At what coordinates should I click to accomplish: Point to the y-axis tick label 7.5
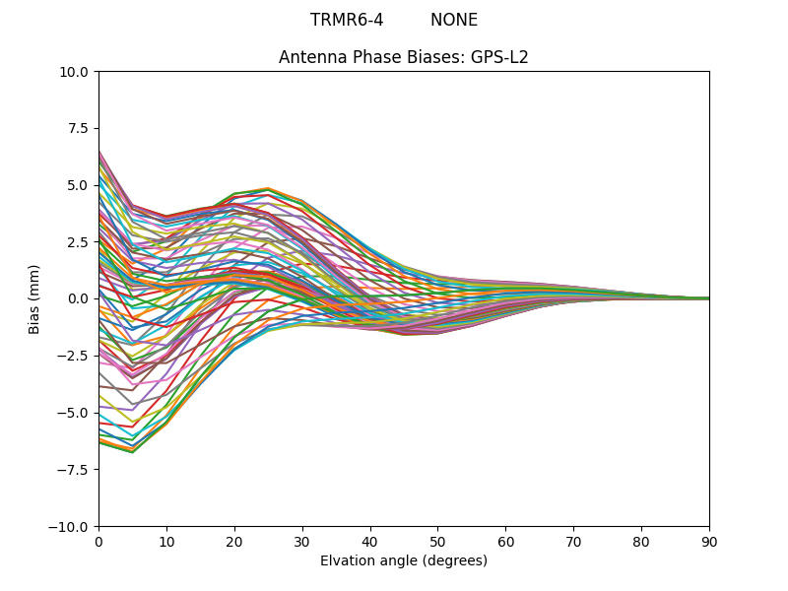pyautogui.click(x=78, y=128)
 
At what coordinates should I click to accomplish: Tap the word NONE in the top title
pyautogui.click(x=454, y=21)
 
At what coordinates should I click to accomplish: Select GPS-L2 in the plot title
pyautogui.click(x=500, y=57)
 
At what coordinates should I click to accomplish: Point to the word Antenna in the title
pyautogui.click(x=309, y=57)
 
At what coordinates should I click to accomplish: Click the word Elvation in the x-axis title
pyautogui.click(x=348, y=560)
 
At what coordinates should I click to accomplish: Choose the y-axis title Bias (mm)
pyautogui.click(x=34, y=298)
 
